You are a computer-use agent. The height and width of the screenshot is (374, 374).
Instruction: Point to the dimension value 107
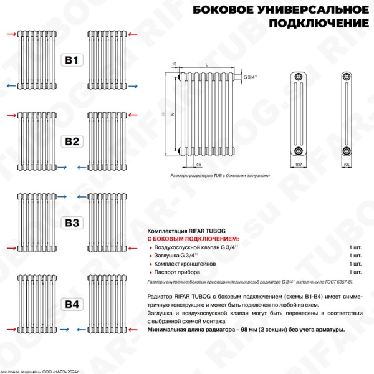pos(298,163)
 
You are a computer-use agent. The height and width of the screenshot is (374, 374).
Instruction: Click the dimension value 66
pos(347,163)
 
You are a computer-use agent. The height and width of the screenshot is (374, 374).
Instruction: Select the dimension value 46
pos(198,163)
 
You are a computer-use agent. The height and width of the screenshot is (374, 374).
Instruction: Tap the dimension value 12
pos(174,64)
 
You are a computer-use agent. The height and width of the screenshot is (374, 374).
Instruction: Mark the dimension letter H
pos(163,115)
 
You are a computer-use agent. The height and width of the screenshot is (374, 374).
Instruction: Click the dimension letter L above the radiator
pos(206,65)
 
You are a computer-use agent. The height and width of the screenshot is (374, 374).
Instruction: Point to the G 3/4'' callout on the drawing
pos(251,77)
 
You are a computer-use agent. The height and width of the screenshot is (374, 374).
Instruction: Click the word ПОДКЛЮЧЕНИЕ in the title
pos(318,23)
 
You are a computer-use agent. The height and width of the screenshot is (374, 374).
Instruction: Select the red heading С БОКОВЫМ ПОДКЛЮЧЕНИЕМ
pos(193,239)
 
